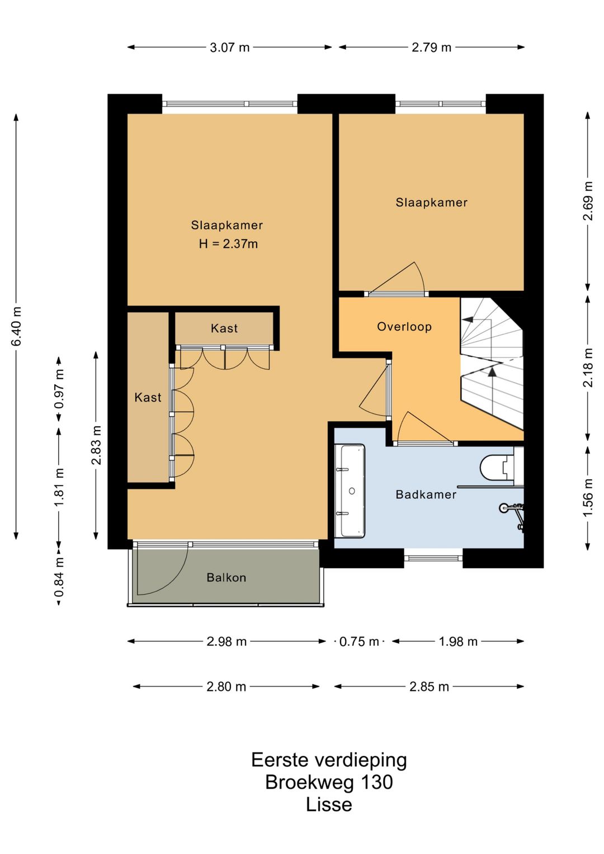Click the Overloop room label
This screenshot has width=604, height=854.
point(404,327)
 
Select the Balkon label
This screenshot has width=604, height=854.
point(226,578)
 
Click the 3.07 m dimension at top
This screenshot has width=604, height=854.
point(229,48)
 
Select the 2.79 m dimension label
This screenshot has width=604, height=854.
point(431,48)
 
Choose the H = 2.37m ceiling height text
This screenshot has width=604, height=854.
point(228,244)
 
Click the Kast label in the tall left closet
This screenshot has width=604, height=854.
point(148,398)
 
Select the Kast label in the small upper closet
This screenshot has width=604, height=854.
point(224,328)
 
